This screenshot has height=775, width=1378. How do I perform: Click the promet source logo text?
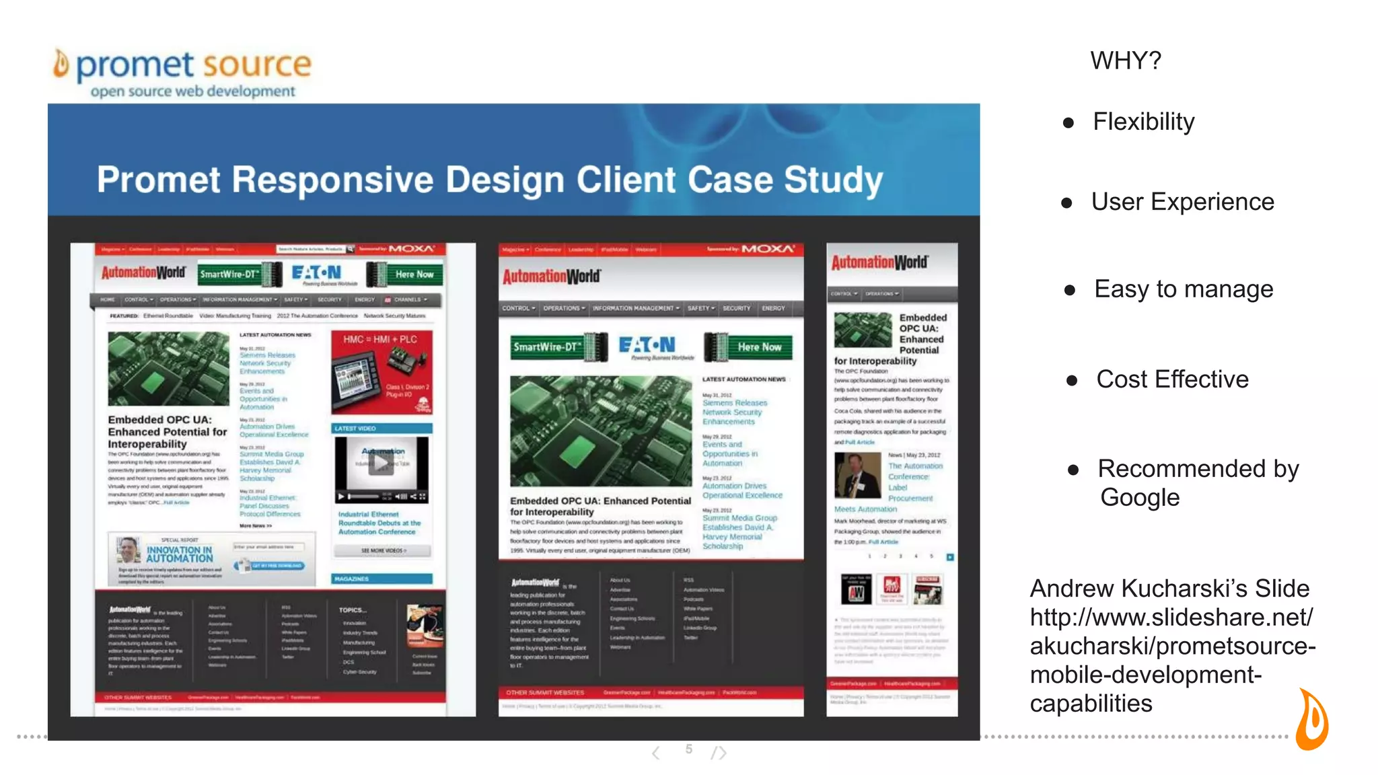[193, 65]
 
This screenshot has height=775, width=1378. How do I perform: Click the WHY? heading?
[1126, 61]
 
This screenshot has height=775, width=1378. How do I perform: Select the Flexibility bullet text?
[1143, 122]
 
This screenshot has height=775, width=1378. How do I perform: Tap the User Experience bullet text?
[1182, 202]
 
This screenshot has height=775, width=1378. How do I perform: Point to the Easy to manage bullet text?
[1183, 289]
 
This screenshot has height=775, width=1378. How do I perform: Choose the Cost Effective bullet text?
[1172, 379]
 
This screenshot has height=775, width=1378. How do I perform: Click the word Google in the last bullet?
[1140, 498]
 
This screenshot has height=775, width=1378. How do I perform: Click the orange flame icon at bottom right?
[1312, 720]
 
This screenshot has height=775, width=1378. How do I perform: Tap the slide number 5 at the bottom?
[688, 749]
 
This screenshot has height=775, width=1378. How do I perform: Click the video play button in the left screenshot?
[381, 463]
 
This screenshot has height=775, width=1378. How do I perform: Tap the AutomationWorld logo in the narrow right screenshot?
[879, 262]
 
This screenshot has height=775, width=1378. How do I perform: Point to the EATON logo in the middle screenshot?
[647, 346]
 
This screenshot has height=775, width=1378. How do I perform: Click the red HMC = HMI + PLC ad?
[382, 371]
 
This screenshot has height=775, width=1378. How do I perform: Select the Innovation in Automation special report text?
[179, 554]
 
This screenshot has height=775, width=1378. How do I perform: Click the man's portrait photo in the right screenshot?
[857, 475]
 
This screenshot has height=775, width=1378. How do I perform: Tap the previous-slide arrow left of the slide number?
[656, 752]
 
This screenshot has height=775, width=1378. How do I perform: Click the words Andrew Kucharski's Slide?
[1169, 589]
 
